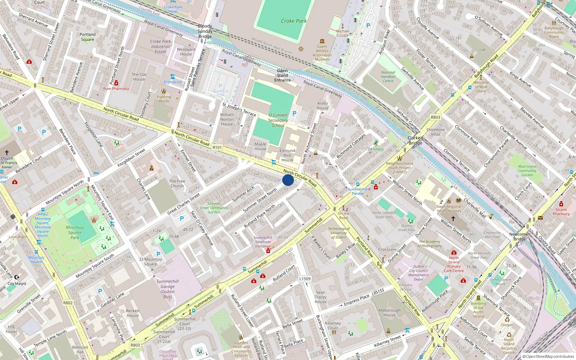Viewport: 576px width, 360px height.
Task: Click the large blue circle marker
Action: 288,180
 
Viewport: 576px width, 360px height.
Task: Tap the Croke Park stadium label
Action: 294,21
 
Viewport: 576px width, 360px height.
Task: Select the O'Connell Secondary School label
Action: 278,120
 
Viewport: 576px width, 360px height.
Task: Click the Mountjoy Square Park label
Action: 75,232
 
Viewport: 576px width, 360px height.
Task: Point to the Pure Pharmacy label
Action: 116,89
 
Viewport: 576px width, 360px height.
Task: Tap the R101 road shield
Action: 217,147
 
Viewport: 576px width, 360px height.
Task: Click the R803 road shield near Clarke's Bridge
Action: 435,117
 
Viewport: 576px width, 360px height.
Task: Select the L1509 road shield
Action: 305,279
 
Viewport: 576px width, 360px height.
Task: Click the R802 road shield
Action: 68,303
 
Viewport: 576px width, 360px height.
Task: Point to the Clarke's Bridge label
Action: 415,140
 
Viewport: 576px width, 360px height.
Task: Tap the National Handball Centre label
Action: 388,77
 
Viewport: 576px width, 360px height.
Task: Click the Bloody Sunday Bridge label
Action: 205,31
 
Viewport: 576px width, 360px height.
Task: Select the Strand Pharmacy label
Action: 561,212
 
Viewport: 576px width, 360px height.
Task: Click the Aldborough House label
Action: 389,312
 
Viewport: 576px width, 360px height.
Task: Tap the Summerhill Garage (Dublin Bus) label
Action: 167,289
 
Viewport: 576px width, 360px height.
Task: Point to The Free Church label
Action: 177,184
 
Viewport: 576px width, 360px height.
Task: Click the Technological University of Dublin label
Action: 338,233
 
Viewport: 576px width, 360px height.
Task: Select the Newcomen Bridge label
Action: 519,237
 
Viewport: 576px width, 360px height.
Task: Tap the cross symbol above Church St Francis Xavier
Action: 7,153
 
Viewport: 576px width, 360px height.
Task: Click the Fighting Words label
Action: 164,99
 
